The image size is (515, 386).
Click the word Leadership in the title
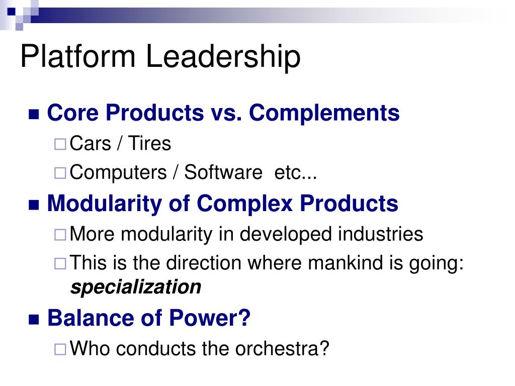click(x=224, y=56)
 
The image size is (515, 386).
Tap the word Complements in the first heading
click(x=324, y=113)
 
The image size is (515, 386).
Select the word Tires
click(x=149, y=144)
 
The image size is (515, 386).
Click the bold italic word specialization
click(x=136, y=287)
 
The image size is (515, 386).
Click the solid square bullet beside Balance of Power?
click(x=34, y=319)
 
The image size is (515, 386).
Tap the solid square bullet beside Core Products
click(x=34, y=114)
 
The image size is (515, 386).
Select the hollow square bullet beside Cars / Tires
click(x=60, y=145)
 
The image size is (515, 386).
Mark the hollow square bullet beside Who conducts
click(x=60, y=349)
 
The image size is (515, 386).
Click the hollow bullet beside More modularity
click(x=60, y=235)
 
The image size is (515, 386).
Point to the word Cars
click(x=91, y=144)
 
